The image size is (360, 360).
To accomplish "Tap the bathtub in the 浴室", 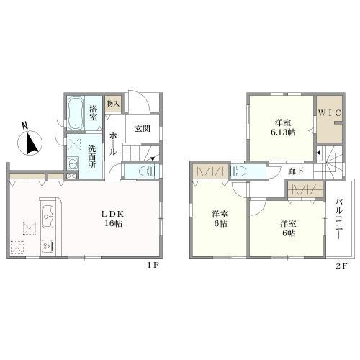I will click(76, 113).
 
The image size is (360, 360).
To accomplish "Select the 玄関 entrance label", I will click(141, 130).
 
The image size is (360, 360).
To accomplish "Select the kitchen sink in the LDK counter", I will click(49, 214).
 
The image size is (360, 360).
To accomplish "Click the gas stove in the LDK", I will click(49, 245).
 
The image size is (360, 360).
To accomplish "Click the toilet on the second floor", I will click(240, 171).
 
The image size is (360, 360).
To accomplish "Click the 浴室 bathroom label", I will click(93, 113).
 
